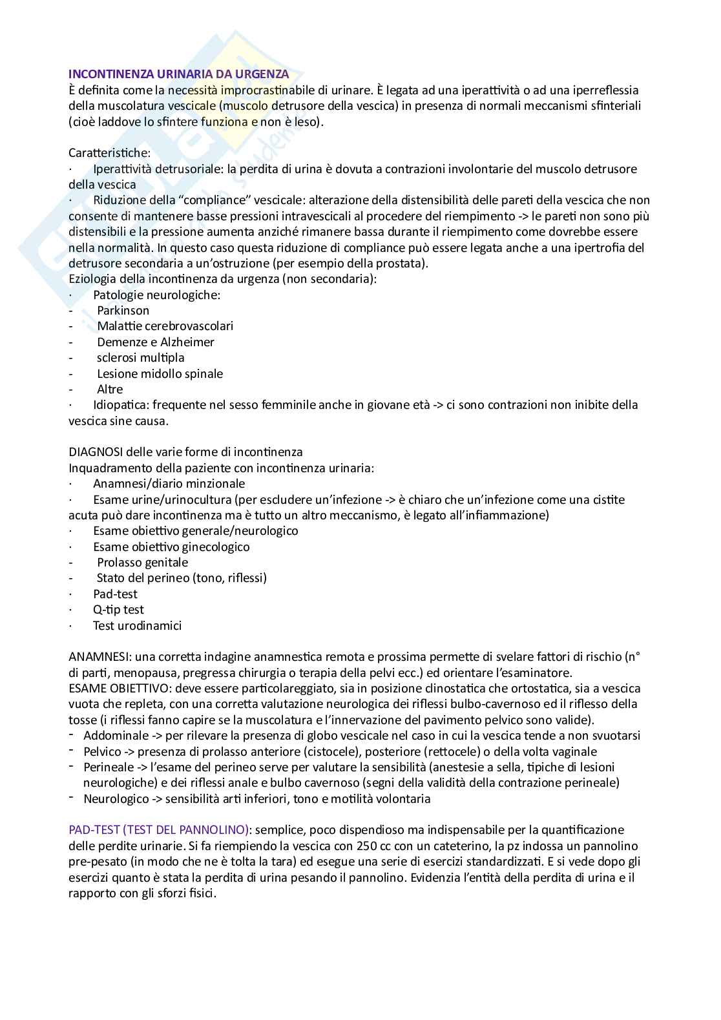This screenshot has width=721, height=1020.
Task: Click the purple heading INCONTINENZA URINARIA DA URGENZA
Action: click(x=178, y=74)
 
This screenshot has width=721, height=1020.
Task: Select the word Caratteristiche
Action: click(x=109, y=153)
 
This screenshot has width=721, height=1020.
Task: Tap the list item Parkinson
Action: click(x=123, y=311)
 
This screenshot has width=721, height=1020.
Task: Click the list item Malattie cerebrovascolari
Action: click(x=165, y=326)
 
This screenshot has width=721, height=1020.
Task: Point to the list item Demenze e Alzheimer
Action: click(x=155, y=342)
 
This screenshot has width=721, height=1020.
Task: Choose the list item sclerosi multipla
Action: click(x=140, y=358)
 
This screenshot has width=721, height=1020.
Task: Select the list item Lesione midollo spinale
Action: click(x=160, y=373)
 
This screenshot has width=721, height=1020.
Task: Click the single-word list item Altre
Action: click(x=110, y=390)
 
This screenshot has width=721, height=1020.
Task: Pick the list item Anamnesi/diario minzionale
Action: click(x=169, y=484)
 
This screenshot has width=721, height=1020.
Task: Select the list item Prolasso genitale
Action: click(x=142, y=563)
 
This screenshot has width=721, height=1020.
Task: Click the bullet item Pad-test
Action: click(x=115, y=594)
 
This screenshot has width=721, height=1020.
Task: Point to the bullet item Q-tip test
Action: click(x=118, y=610)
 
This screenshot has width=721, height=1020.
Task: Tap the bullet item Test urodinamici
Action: click(x=137, y=625)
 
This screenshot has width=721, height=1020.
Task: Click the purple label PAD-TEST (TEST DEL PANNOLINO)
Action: click(x=159, y=830)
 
